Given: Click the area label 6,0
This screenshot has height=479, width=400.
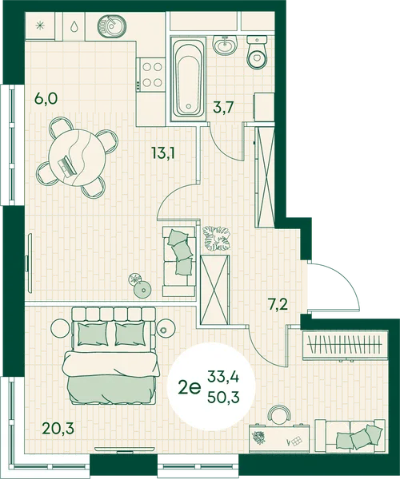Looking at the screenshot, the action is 46,99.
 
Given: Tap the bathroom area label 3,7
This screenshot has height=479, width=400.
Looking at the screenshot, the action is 223,107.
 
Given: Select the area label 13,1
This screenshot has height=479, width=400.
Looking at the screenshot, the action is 163,152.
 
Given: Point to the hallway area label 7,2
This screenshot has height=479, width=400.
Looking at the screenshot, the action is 278,305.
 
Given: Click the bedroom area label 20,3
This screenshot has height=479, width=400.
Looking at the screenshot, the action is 58,428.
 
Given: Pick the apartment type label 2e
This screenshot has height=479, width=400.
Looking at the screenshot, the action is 190,388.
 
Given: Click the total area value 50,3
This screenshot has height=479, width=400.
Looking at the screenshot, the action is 223,398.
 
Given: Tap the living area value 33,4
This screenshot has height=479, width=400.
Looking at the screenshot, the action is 223,376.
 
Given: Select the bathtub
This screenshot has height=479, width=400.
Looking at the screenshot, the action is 188,79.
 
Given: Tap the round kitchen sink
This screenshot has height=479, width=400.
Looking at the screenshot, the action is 112,26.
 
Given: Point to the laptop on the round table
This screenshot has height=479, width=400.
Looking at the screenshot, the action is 67,166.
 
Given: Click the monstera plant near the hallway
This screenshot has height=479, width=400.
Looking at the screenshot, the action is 217,238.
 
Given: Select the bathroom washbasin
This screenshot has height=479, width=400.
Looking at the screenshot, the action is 225,46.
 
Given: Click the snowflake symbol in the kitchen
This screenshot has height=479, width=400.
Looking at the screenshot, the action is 40,26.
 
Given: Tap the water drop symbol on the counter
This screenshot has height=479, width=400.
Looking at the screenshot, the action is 74,26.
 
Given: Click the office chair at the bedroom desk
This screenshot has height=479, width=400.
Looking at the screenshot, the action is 279,415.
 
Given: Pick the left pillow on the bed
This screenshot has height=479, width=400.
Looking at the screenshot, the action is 93,334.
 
